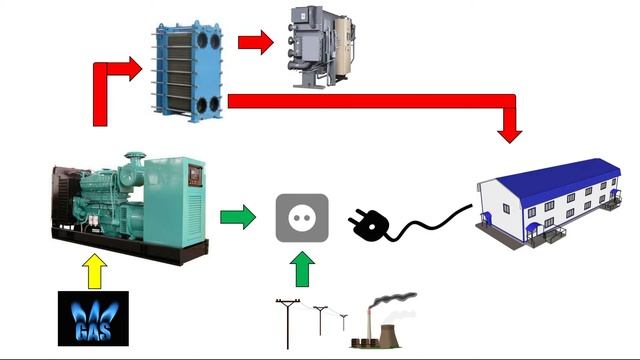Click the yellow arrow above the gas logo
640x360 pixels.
(x=95, y=271)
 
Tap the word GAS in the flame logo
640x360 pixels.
(x=93, y=331)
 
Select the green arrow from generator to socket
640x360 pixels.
(x=238, y=217)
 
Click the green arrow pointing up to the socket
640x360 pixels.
(x=302, y=269)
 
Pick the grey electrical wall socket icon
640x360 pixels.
(x=302, y=218)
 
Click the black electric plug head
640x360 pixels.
(x=368, y=225)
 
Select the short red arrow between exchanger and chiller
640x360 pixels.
(x=256, y=42)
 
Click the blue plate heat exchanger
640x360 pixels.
(x=188, y=71)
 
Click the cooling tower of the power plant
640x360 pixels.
(x=389, y=336)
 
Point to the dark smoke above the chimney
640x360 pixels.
(x=393, y=300)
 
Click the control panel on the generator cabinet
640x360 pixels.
(x=195, y=176)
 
